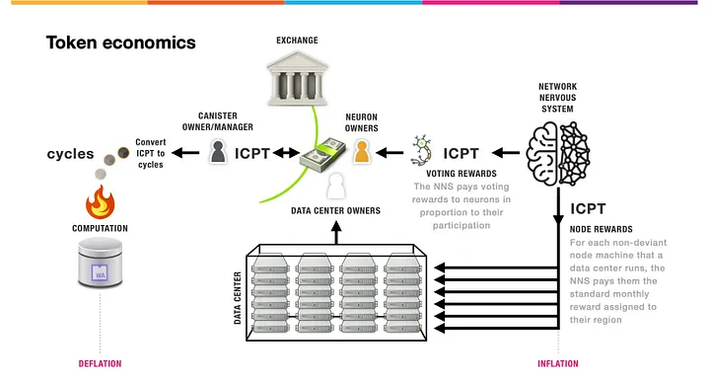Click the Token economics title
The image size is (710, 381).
[120, 43]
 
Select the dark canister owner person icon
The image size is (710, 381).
[220, 152]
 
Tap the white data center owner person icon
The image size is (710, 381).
[336, 185]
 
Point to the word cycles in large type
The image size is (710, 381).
[71, 155]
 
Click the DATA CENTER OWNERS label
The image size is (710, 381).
[335, 210]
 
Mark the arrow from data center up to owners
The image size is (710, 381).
[336, 232]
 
